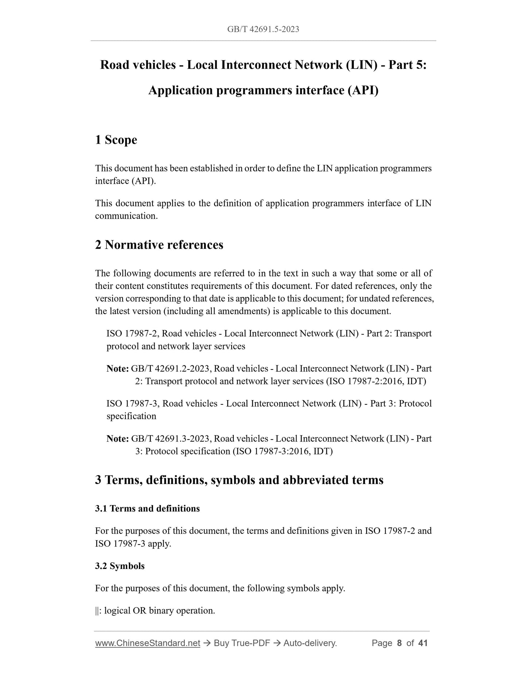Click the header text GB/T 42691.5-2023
[263, 29]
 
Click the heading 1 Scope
[116, 140]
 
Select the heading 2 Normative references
[159, 245]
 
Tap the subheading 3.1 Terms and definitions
[147, 508]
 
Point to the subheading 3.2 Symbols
[120, 566]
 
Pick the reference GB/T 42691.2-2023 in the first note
[170, 368]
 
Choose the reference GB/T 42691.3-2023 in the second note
[170, 438]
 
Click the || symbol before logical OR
[97, 611]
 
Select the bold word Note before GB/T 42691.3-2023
[117, 438]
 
